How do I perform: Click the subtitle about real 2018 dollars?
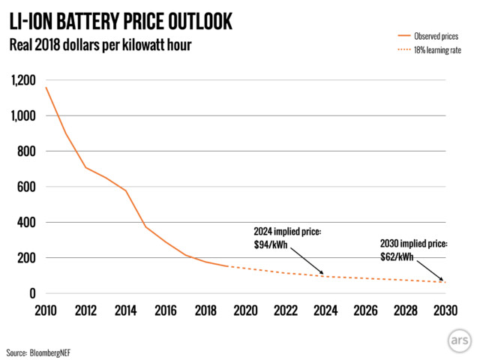pos(100,45)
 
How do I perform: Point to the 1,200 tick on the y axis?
pos(22,80)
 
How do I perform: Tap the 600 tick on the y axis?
pos(28,187)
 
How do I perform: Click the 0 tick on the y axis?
pos(34,293)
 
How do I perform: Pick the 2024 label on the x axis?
pos(325,310)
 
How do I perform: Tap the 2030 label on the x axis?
pos(444,310)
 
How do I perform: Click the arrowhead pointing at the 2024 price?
pos(322,274)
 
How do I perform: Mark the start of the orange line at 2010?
pos(46,88)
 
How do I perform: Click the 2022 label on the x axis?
pos(285,310)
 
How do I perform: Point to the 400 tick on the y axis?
pos(28,222)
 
